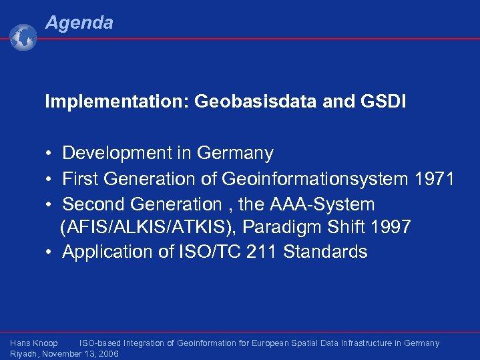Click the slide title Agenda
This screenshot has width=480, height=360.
pos(79,23)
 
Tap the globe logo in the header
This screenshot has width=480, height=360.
pos(23,38)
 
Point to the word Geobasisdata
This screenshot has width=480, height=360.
pos(254,102)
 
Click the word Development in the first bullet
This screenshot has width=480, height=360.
pos(117,154)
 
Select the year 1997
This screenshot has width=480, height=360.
pos(389,228)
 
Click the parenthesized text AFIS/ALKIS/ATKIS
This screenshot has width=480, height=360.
pos(148,228)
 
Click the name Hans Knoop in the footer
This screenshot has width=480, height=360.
pos(34,343)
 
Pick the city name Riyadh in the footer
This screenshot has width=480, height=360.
pos(24,354)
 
